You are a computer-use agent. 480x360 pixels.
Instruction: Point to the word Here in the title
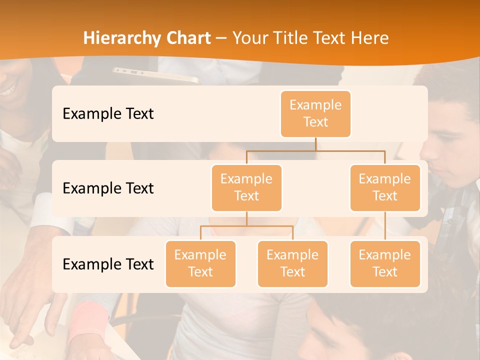[369, 38]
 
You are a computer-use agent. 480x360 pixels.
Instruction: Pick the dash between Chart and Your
[221, 38]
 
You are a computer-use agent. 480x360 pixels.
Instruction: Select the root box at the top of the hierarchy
[315, 113]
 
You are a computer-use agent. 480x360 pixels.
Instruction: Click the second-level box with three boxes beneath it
[246, 187]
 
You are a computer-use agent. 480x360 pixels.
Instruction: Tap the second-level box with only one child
[385, 187]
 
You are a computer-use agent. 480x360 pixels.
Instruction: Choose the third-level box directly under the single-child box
[385, 263]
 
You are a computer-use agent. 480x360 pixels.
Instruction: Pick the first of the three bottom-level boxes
[200, 263]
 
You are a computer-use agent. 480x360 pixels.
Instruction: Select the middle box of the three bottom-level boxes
[292, 263]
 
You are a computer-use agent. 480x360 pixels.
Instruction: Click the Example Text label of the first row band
[108, 113]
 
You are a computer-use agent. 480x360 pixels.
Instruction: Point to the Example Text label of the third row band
[108, 264]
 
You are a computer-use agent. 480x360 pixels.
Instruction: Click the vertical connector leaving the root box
[315, 144]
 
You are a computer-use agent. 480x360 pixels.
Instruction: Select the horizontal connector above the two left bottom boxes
[246, 226]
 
